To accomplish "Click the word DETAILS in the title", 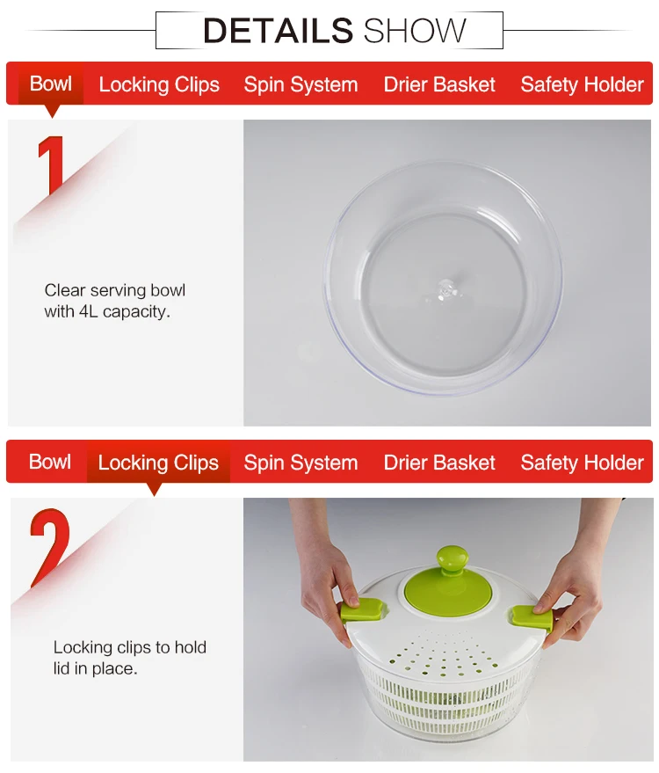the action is [278, 31].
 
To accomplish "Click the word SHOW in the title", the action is [415, 31].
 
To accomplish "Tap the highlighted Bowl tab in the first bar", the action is [51, 84].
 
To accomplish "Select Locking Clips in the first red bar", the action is [159, 84].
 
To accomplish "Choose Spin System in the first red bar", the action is [301, 84].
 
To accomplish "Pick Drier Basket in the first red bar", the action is [439, 84].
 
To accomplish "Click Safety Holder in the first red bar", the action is [583, 84].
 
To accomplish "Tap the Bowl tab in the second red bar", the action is [50, 463].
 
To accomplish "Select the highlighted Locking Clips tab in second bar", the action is [158, 463].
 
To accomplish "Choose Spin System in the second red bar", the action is [301, 463].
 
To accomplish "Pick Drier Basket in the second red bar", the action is [439, 463].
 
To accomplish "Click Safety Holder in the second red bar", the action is [583, 463].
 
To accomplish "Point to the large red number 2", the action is [51, 548].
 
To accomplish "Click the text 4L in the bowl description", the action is [89, 311].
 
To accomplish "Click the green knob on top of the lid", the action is [453, 560].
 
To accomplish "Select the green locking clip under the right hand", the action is [533, 617].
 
